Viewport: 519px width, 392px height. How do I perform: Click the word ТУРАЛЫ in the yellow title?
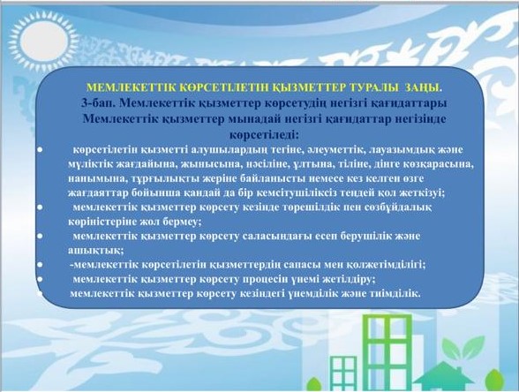pyautogui.click(x=372, y=87)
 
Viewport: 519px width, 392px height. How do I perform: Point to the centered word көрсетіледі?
pyautogui.click(x=264, y=135)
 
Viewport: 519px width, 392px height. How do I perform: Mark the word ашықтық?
pyautogui.click(x=95, y=251)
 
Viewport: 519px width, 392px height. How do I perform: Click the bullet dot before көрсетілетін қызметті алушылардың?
pyautogui.click(x=40, y=150)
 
